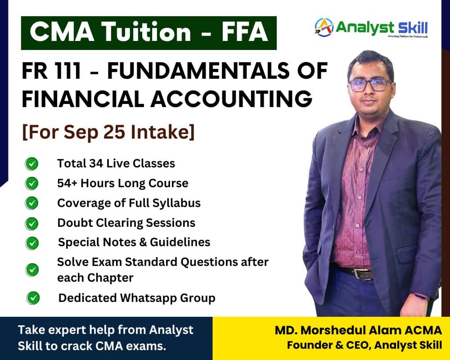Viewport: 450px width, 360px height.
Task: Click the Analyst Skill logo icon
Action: pos(324,27)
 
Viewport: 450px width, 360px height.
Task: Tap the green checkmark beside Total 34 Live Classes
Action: pos(31,164)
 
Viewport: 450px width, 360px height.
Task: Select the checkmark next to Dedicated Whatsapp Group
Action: pos(33,298)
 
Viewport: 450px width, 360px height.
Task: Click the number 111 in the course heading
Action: pos(67,71)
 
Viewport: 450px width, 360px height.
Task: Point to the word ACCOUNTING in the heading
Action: pos(231,99)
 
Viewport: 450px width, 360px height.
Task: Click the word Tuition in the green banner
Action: pos(146,31)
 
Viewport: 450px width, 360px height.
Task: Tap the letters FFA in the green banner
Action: pos(244,31)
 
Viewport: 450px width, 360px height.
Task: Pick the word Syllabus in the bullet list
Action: pos(176,203)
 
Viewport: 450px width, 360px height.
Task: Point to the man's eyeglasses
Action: pos(370,85)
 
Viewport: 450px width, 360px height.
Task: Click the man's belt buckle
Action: pos(358,273)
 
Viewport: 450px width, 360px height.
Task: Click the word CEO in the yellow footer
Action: pos(359,345)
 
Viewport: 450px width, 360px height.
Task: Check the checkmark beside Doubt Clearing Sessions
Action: pos(31,224)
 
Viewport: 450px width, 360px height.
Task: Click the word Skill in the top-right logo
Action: pos(413,28)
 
